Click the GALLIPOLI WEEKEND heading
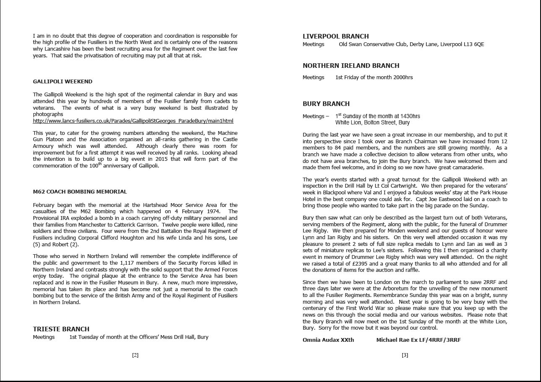(x=62, y=82)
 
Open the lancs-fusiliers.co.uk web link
(x=133, y=121)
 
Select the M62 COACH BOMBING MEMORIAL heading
(x=80, y=192)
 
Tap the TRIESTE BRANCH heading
(x=61, y=329)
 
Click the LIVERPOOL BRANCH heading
(x=336, y=36)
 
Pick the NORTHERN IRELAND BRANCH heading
(x=351, y=66)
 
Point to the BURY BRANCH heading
(x=326, y=104)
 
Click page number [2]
(x=135, y=355)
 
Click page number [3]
(x=405, y=355)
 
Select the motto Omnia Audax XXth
(x=328, y=340)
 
